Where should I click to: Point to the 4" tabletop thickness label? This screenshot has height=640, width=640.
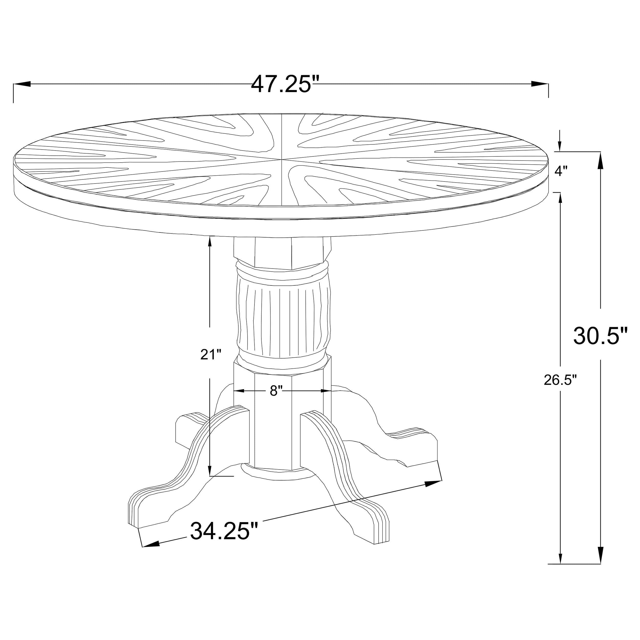pyautogui.click(x=561, y=171)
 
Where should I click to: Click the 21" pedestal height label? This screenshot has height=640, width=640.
pyautogui.click(x=211, y=355)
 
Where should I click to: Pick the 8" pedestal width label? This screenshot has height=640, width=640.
pyautogui.click(x=276, y=391)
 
